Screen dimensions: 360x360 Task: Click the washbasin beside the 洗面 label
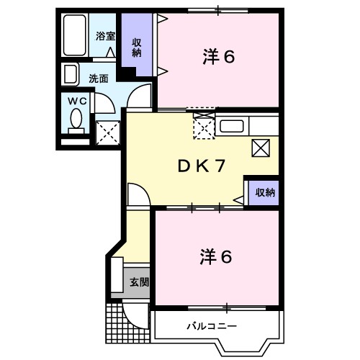point(71,75)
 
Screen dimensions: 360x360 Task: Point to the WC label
point(77,101)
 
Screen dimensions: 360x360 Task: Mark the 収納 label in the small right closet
point(262,192)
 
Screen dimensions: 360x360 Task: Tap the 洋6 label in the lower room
point(216,256)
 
